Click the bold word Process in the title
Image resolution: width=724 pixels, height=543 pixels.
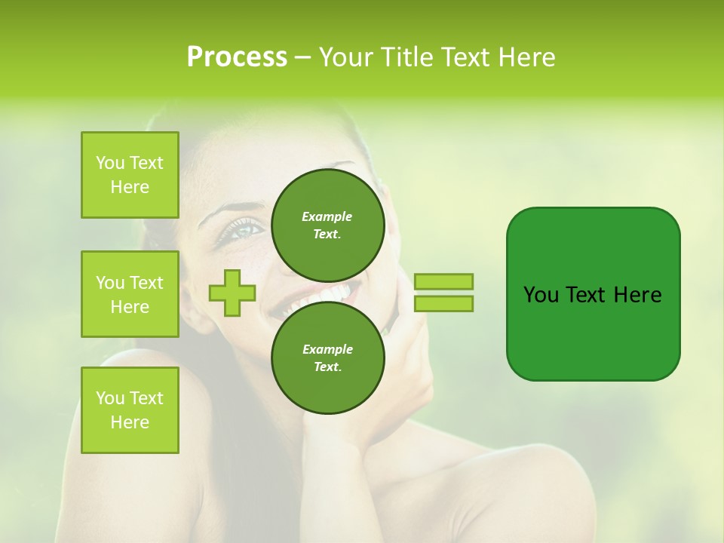[x=237, y=57]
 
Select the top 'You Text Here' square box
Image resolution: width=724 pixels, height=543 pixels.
[x=130, y=175]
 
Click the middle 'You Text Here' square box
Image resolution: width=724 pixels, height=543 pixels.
[x=130, y=294]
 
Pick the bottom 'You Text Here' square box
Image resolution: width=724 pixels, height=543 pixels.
[x=130, y=410]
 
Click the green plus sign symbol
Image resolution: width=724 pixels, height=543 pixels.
[x=232, y=293]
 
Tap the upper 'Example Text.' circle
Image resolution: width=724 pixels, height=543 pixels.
[x=327, y=225]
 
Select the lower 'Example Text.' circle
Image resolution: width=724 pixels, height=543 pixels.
[x=327, y=357]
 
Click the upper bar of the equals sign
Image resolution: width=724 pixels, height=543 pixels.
[x=443, y=281]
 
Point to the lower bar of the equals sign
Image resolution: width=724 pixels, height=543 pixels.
[x=443, y=303]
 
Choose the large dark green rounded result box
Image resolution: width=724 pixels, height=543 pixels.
[x=593, y=293]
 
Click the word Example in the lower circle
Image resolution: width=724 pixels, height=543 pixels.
[x=327, y=349]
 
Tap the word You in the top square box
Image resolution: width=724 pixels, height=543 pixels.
[x=110, y=163]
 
